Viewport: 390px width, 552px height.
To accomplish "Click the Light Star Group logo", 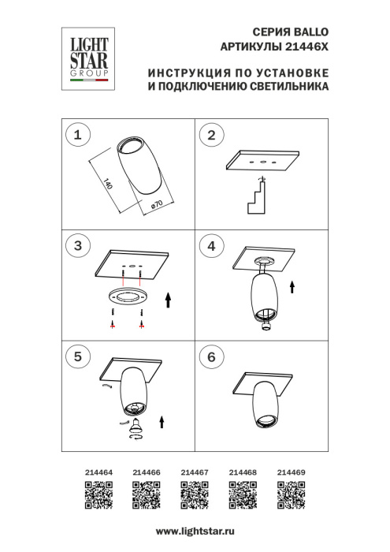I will coord(87,54).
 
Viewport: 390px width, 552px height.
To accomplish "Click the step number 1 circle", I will coord(77,136).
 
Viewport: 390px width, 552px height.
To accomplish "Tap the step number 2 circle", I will coord(210,136).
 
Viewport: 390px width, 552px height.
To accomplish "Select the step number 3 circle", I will coord(77,247).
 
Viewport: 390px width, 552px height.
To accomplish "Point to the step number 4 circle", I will coord(210,247).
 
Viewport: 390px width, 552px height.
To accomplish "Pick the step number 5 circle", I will coord(77,357).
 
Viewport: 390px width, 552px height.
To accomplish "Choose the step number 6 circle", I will coord(210,357).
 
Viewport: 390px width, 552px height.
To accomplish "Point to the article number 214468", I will coord(243,472).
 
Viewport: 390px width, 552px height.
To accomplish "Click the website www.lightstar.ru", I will coord(195,535).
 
